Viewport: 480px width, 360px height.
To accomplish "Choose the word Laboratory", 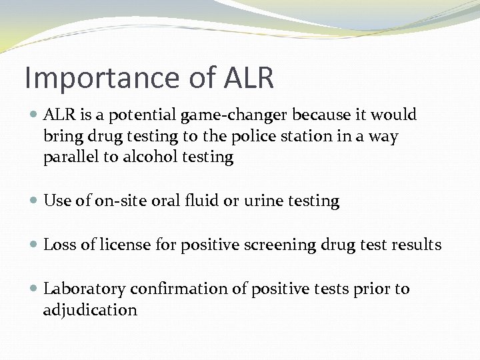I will click(85, 289).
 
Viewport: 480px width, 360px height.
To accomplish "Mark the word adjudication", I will click(90, 310).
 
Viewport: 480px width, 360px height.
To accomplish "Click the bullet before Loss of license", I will click(33, 245).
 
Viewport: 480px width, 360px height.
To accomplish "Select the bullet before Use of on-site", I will click(33, 201).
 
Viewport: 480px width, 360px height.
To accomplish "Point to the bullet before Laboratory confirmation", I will click(33, 289).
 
